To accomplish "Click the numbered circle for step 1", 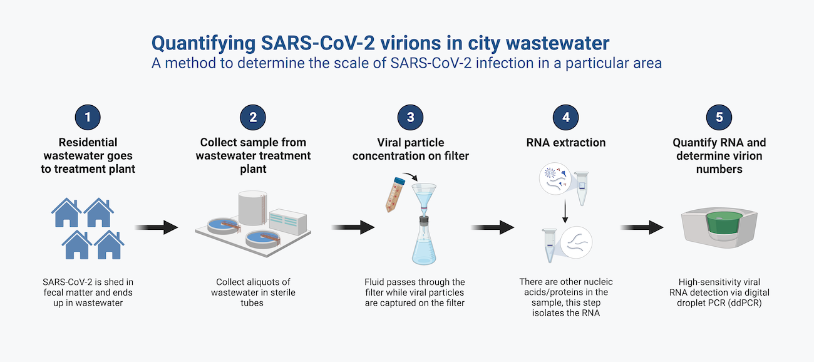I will [88, 117].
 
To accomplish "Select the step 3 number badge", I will [410, 117].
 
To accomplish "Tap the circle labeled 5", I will [719, 117].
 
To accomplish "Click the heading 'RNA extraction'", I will [566, 143].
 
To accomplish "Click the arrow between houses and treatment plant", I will [156, 227].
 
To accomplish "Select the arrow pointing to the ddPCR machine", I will [641, 227].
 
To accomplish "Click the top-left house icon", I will [68, 214].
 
